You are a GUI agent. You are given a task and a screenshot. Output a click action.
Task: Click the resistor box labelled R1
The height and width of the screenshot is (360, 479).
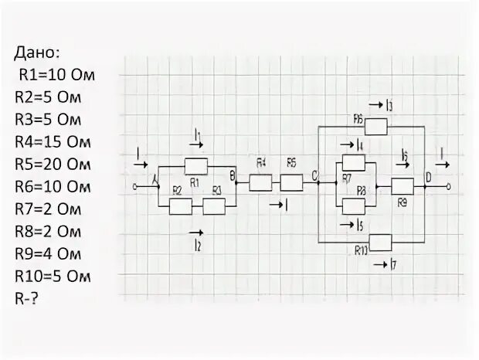coord(196,165)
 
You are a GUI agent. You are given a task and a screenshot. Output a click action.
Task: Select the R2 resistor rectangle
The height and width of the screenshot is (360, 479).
coord(180,206)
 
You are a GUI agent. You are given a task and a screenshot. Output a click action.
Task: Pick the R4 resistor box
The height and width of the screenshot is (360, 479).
coord(260,183)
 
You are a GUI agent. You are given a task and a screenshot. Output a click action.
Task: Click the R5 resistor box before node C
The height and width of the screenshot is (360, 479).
coord(291,183)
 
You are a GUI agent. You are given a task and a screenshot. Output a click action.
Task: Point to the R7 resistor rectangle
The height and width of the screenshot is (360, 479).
coord(353,162)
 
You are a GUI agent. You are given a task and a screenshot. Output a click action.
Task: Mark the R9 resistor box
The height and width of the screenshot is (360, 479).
coord(402,186)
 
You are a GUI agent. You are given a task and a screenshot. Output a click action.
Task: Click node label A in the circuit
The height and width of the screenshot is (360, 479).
coord(155,180)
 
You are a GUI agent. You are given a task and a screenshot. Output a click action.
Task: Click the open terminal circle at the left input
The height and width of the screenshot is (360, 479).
coord(135,187)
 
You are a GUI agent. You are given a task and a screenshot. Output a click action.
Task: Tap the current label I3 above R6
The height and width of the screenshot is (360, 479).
coord(388,105)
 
